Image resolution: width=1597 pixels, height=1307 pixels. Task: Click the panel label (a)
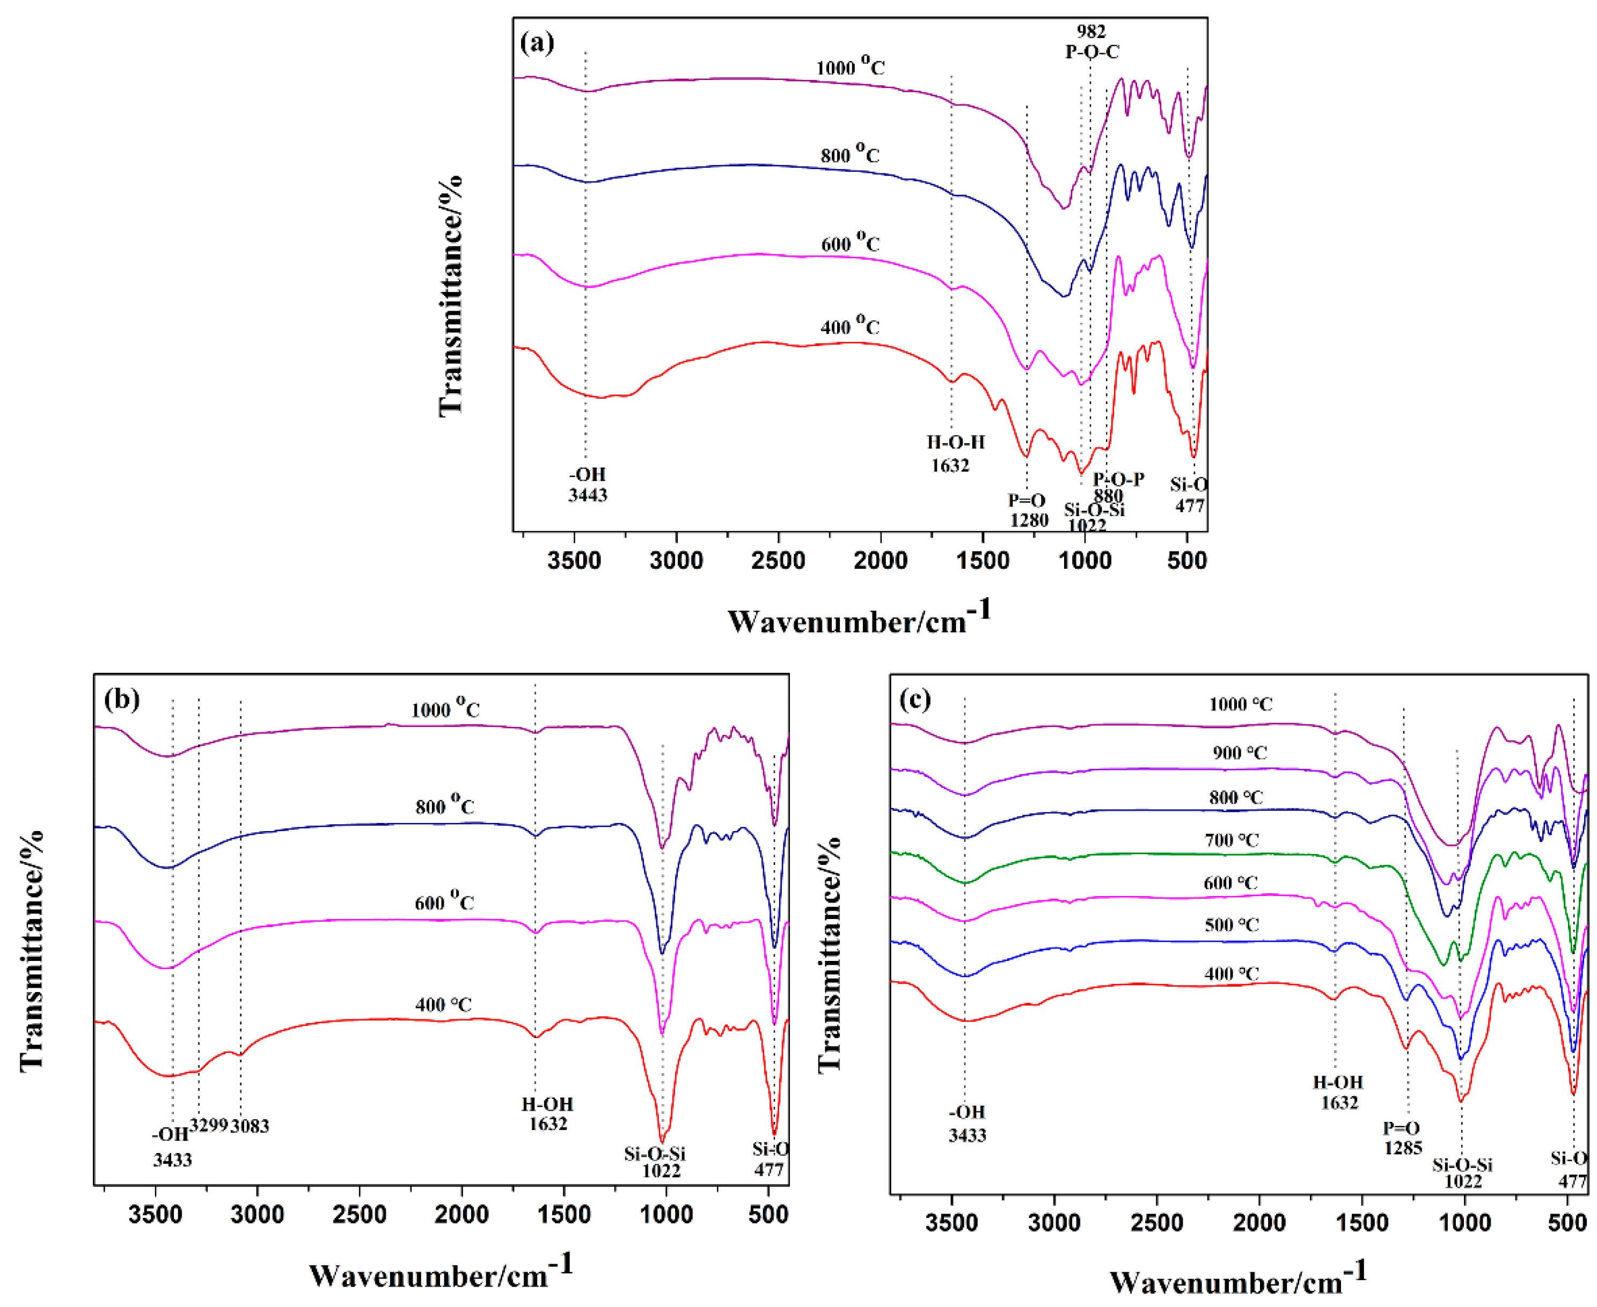point(537,42)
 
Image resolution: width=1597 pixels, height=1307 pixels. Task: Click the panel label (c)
point(915,700)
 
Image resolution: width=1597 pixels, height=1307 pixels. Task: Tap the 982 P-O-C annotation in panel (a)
point(1092,41)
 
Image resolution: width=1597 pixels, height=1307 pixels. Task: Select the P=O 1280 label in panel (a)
point(1028,510)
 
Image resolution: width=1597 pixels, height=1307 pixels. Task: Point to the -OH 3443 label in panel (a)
point(587,484)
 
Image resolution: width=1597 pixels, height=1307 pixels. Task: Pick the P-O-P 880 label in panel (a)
point(1117,487)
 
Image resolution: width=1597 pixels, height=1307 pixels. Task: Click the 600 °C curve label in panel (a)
point(850,243)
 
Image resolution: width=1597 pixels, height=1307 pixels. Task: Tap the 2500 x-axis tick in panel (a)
point(779,561)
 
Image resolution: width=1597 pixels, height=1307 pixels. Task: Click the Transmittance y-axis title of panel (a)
point(450,295)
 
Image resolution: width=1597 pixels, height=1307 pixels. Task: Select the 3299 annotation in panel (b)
point(209,1126)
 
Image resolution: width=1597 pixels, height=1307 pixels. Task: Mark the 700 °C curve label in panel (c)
point(1231,840)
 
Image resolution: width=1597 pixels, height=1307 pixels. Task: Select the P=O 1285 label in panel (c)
point(1402,1137)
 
